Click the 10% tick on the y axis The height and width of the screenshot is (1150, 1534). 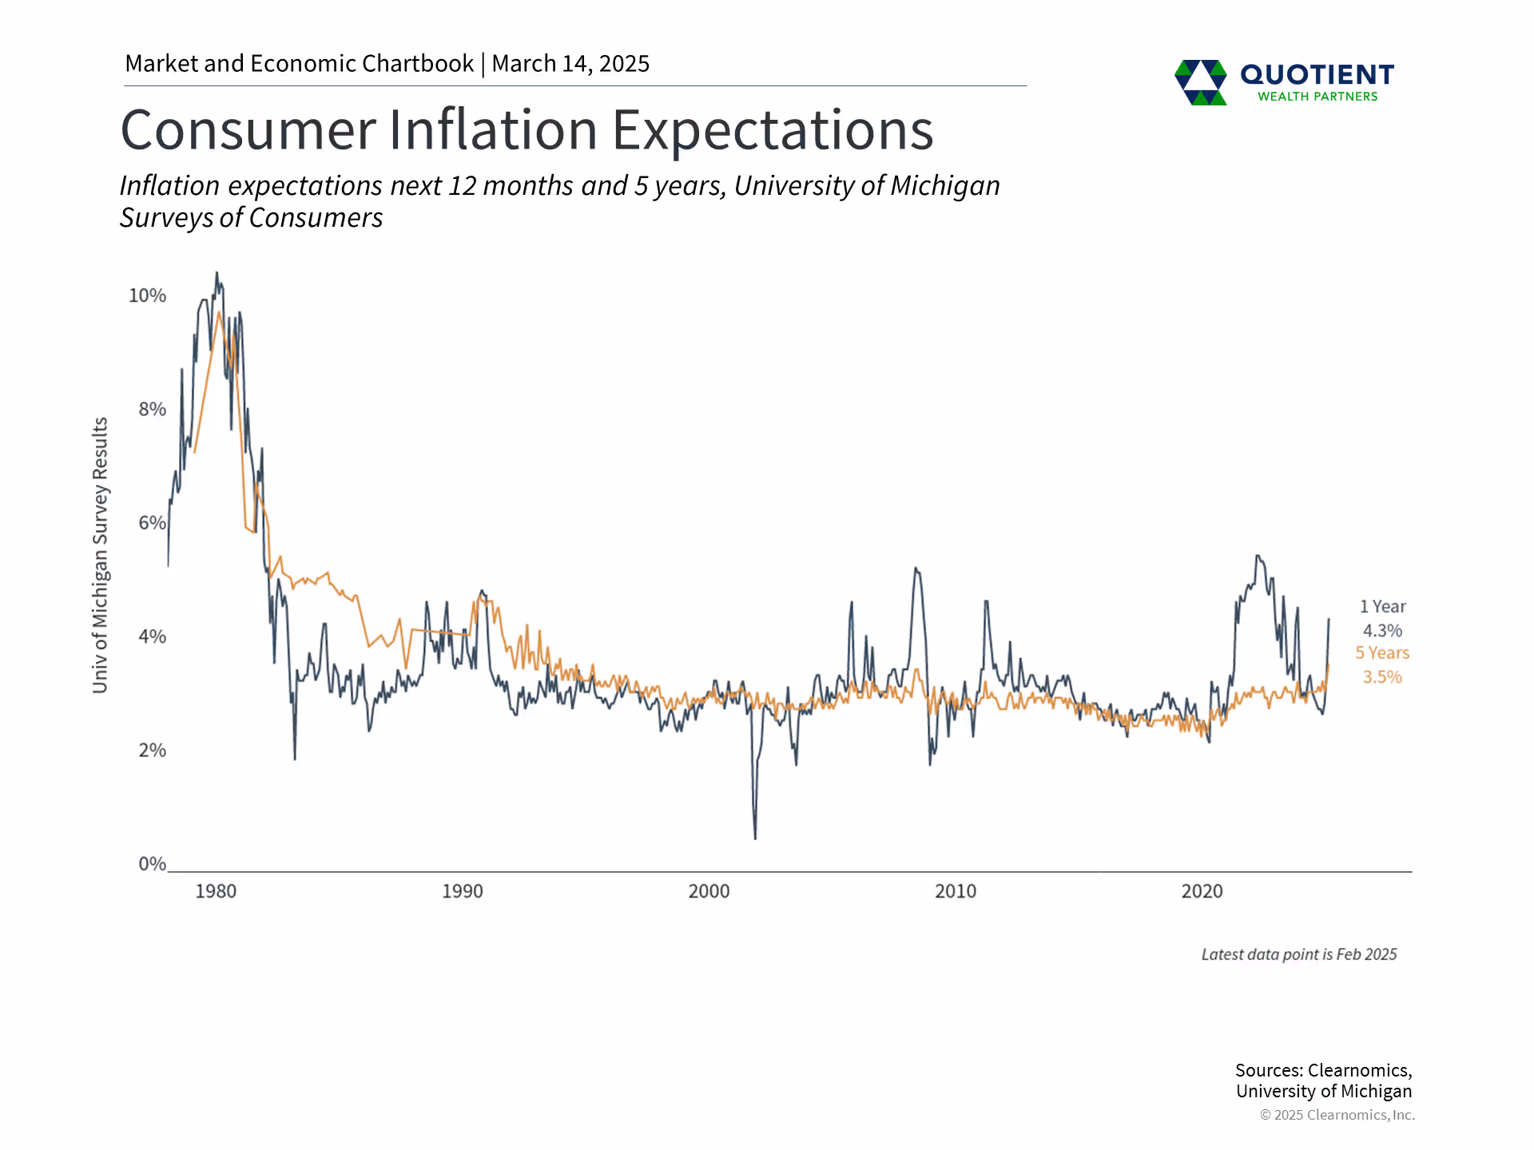148,295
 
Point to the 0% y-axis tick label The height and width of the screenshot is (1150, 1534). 152,863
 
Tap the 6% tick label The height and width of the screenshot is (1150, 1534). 152,523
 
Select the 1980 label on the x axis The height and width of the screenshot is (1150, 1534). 216,891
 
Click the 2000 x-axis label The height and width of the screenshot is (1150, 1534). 709,891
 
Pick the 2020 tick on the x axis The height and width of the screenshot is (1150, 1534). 1202,891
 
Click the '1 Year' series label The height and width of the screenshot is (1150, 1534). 1382,607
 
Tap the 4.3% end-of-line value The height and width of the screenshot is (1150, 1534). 1382,631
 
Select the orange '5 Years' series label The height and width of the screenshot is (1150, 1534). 1382,653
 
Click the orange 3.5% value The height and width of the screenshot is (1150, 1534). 1382,677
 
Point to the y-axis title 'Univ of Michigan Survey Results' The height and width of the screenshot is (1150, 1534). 100,555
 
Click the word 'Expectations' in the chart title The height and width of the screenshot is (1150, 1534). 773,130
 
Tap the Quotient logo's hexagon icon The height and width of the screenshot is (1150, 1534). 1200,81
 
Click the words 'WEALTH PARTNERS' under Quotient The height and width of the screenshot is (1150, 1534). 1317,97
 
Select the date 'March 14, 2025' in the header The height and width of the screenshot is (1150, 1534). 570,64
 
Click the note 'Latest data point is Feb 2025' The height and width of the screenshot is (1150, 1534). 1299,954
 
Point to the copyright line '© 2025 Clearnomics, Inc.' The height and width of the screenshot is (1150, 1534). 1337,1115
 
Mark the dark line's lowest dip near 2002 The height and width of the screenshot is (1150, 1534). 755,837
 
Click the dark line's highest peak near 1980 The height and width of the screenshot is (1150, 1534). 217,274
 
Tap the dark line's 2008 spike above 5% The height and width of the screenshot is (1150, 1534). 916,569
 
